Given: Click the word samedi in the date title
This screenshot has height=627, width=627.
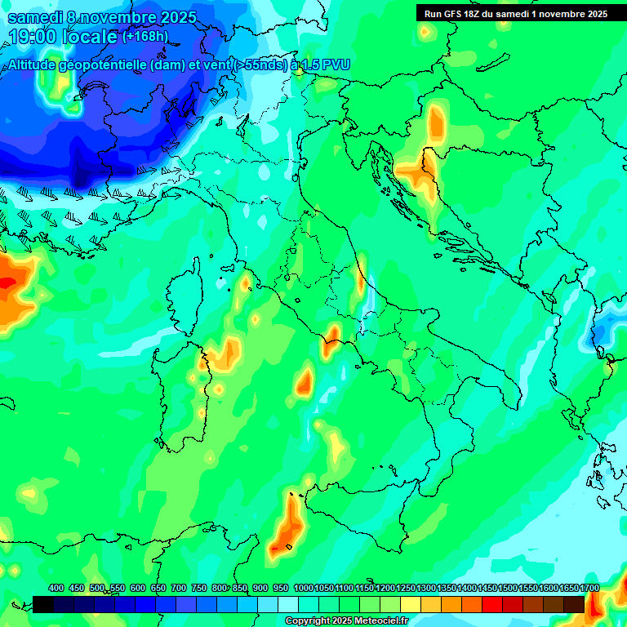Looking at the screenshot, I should [36, 17].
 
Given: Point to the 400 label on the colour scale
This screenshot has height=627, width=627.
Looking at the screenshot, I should [56, 588].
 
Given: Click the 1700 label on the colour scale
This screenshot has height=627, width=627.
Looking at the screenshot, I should [589, 588].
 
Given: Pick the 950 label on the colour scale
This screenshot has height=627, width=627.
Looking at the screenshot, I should [281, 588].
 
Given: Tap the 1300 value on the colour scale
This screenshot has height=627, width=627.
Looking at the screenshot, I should [426, 588].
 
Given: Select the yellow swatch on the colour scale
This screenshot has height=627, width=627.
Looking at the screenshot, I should [411, 604].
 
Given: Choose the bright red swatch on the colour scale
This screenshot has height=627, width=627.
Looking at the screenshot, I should [492, 604].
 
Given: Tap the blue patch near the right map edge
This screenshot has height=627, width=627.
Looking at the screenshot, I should [603, 334].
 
